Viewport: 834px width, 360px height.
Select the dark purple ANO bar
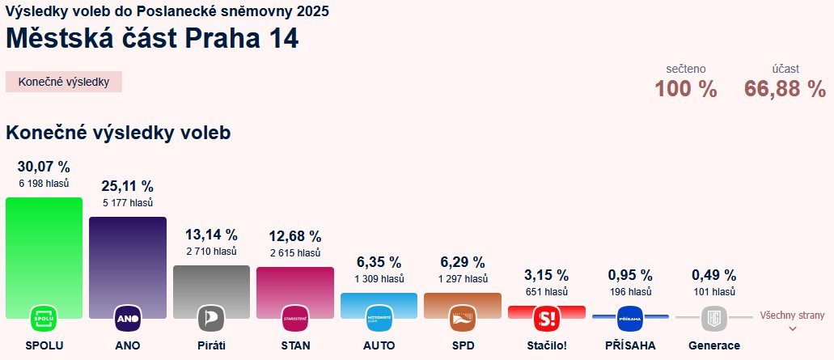[128, 259]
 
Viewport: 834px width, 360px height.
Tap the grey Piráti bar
[211, 283]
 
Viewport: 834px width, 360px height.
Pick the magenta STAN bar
[294, 285]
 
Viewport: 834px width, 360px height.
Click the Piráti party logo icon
[211, 319]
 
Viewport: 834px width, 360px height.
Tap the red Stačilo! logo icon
[546, 319]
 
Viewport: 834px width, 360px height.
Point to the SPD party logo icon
[462, 319]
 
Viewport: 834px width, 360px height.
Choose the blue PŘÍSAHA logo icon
[629, 319]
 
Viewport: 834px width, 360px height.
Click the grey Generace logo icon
[713, 319]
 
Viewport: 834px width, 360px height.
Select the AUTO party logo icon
[379, 319]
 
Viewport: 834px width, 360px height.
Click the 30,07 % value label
[44, 167]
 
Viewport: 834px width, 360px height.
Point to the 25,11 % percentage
[128, 187]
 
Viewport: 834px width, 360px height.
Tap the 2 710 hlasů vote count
[211, 252]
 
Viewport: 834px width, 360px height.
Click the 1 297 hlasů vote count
[462, 278]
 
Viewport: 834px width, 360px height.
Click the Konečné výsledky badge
[64, 82]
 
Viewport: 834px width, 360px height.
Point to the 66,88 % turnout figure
[785, 89]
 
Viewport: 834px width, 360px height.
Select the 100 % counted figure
[686, 89]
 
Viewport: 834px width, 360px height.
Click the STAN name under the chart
[294, 345]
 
